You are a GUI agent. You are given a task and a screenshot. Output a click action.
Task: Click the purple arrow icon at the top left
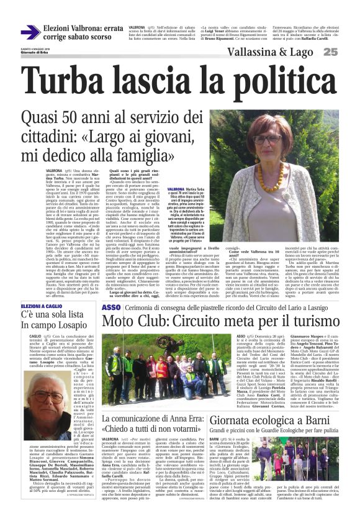point(30,32)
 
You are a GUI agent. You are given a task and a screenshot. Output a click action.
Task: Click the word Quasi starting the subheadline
point(42,117)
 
